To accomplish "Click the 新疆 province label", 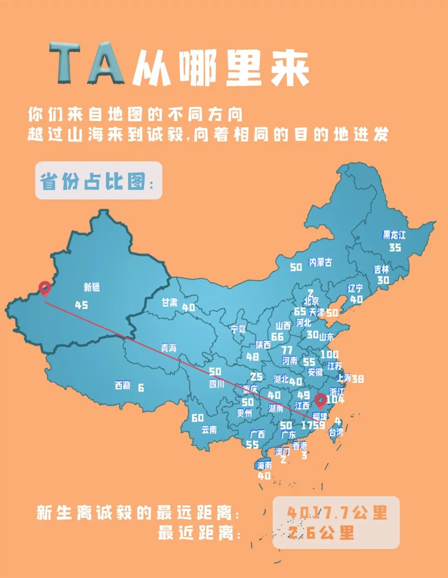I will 92,287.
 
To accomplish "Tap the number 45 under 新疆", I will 81,305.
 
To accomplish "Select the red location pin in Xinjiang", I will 44,288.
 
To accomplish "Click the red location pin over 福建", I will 320,401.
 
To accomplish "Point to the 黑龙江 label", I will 394,235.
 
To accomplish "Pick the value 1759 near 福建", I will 313,425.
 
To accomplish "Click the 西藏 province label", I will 123,386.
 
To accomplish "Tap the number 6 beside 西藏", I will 141,388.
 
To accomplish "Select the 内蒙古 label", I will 320,262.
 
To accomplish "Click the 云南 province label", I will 209,430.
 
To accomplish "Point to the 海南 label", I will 264,465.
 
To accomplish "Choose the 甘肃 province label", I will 170,303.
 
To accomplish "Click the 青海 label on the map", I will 169,348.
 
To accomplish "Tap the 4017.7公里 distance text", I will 337,513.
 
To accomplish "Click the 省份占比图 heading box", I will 98,181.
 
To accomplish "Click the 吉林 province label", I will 382,269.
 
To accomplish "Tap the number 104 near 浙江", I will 335,400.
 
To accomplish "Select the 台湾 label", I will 336,432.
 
